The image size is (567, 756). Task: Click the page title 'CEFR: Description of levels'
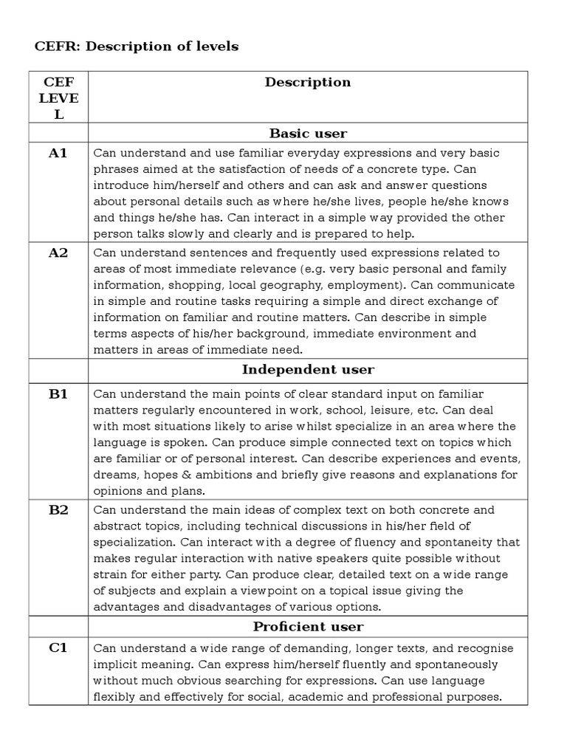[x=137, y=47]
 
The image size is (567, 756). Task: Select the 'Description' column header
[x=308, y=82]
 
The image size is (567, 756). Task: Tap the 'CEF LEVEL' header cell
[x=58, y=97]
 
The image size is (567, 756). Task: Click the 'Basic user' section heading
[x=308, y=134]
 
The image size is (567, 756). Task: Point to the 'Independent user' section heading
[x=308, y=369]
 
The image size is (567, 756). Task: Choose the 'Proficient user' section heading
[x=308, y=627]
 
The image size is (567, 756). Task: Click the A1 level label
[x=58, y=153]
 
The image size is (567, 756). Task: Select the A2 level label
[x=58, y=252]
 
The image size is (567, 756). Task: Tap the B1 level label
[x=58, y=394]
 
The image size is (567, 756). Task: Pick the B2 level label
[x=58, y=509]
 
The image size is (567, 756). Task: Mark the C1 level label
[x=58, y=647]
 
